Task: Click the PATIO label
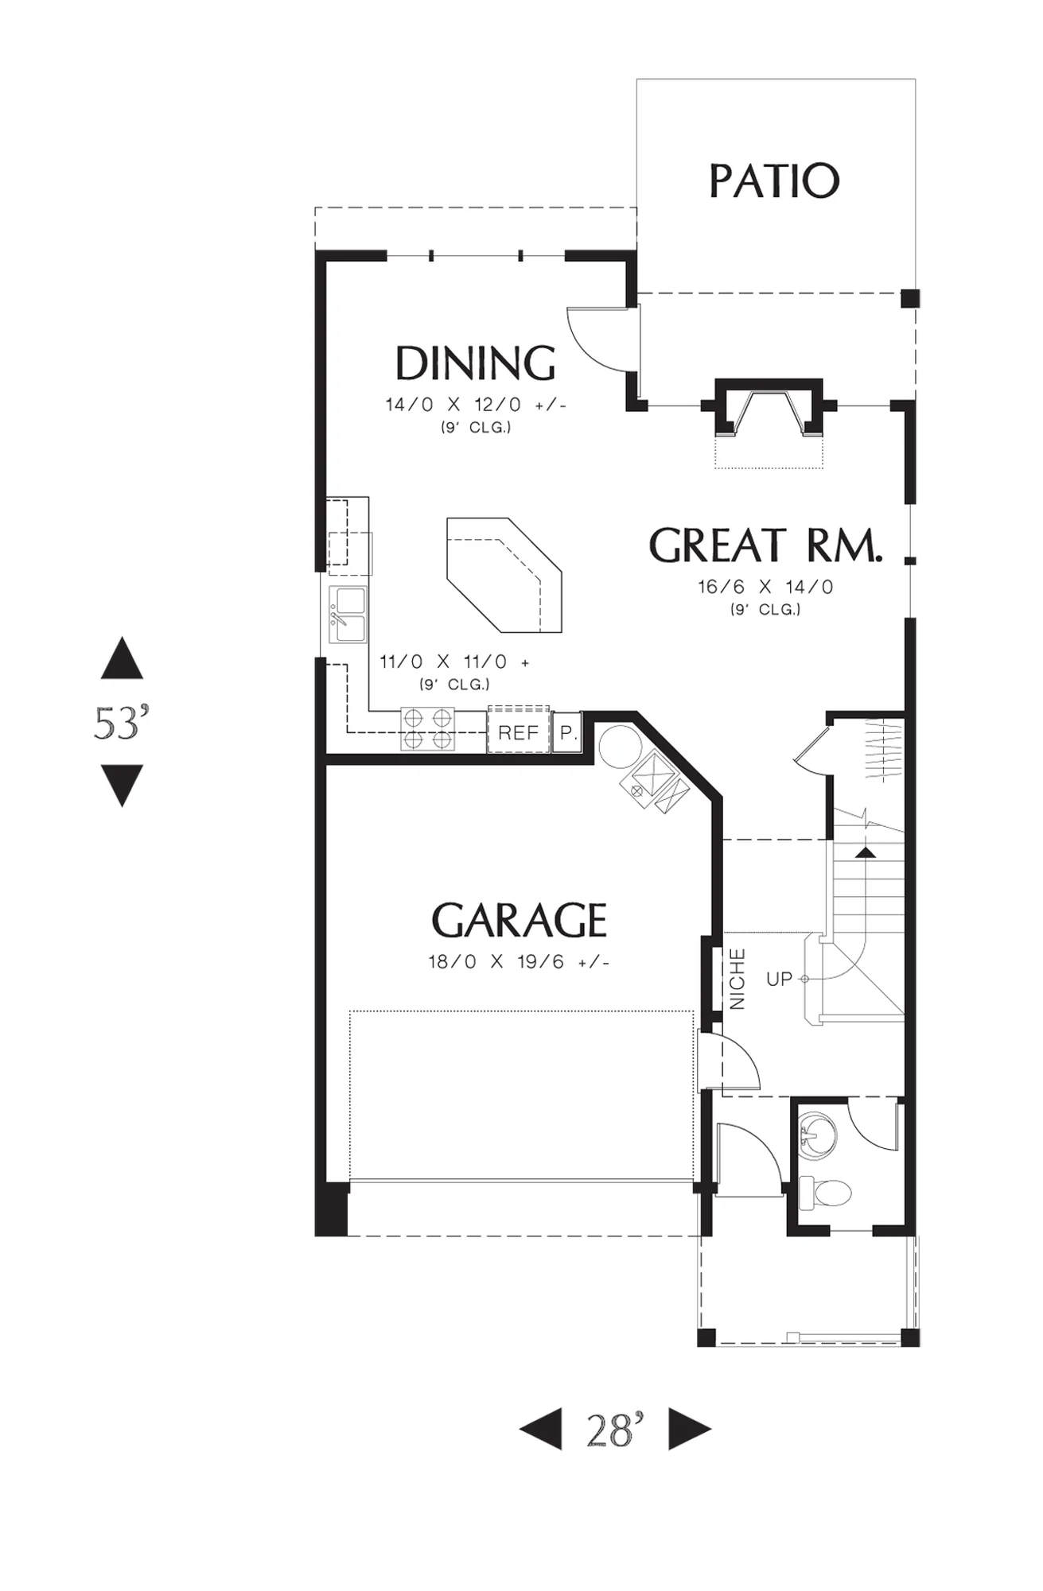[774, 180]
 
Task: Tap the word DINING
[475, 363]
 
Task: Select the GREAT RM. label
[765, 545]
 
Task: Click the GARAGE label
[519, 920]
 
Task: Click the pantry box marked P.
[567, 732]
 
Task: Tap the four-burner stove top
[427, 728]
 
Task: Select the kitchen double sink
[348, 615]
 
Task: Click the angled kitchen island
[504, 575]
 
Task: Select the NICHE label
[737, 979]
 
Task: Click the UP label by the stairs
[779, 979]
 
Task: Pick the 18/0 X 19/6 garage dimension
[518, 962]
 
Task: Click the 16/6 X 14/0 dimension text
[765, 587]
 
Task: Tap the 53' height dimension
[122, 722]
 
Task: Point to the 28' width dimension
[615, 1430]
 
